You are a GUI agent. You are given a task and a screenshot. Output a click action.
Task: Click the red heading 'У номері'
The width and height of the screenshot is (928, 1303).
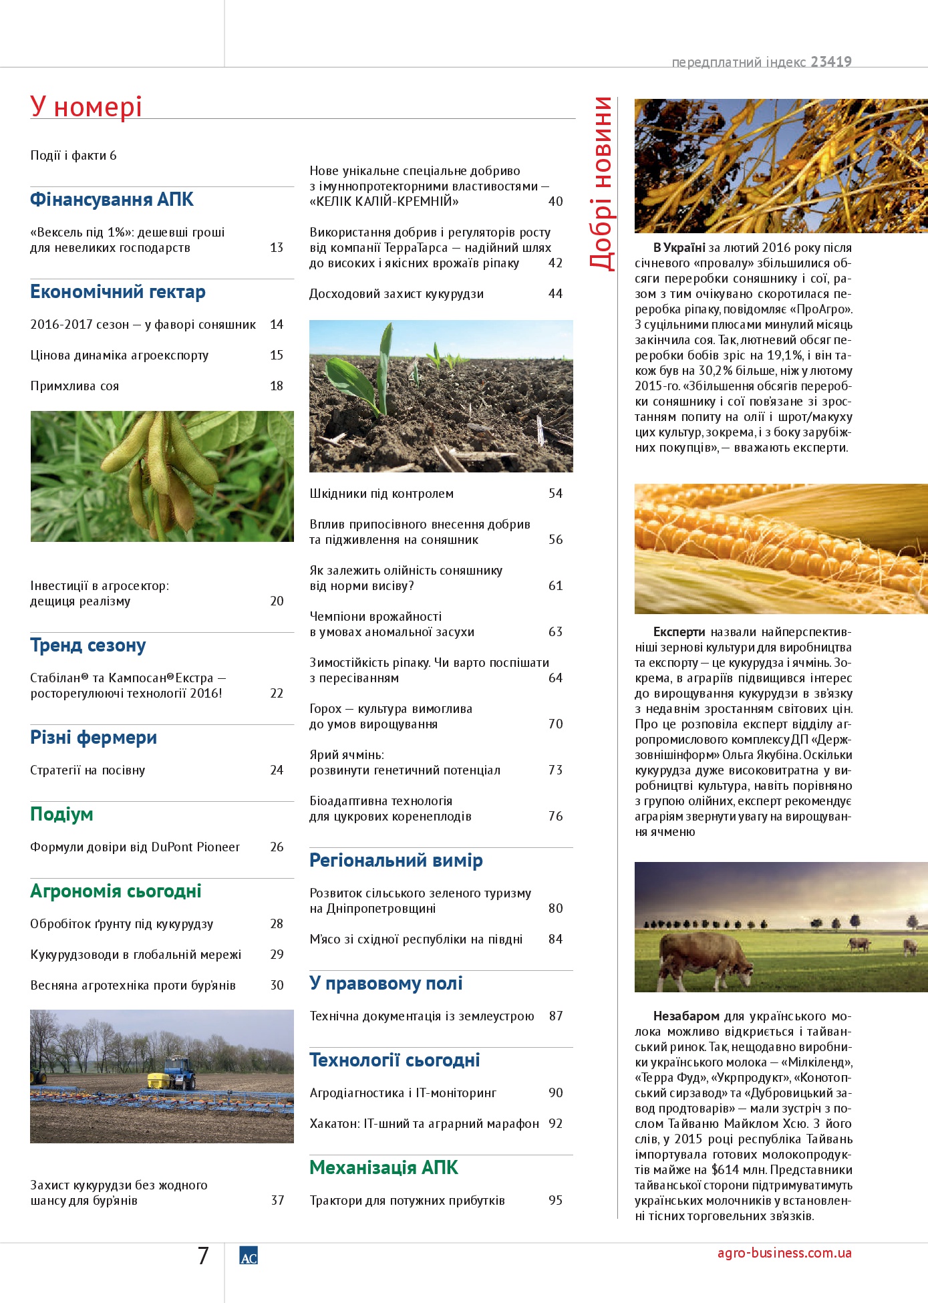(86, 107)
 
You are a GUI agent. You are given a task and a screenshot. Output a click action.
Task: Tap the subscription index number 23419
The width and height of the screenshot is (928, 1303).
(831, 62)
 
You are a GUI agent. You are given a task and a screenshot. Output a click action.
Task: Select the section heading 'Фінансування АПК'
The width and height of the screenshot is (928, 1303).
(112, 200)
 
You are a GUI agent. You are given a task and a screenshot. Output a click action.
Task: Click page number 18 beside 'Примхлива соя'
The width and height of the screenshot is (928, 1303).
(277, 386)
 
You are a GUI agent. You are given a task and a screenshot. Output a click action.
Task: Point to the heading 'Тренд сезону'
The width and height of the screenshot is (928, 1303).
(88, 645)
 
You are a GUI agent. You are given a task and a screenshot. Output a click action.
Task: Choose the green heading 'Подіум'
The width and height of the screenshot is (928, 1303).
(61, 815)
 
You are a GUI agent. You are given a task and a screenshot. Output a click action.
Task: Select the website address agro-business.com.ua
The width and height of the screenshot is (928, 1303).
(784, 1254)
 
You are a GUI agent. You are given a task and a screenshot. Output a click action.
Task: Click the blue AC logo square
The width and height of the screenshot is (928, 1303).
(249, 1256)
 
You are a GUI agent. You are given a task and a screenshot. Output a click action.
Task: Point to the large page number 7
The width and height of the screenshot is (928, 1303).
(203, 1256)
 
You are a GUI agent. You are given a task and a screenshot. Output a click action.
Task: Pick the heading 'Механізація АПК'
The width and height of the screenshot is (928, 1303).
(383, 1168)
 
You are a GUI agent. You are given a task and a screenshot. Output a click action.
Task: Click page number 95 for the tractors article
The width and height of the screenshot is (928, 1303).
(555, 1201)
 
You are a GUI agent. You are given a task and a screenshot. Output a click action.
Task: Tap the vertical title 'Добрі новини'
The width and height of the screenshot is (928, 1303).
(601, 183)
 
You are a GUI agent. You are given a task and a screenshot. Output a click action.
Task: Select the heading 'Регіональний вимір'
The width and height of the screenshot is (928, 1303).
(396, 861)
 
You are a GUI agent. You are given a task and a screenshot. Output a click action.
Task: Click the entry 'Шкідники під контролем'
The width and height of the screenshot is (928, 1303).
(381, 494)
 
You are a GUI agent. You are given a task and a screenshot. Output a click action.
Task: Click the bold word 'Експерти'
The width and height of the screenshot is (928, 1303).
(679, 632)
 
